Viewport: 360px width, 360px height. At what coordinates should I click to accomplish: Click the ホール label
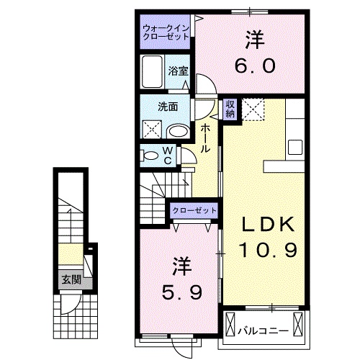point(205,137)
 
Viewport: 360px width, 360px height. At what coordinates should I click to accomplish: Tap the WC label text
point(167,155)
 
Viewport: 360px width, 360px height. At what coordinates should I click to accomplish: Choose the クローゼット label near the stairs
point(194,210)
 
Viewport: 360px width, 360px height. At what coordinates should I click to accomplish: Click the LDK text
point(267,225)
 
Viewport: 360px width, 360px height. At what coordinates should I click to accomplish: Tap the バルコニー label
point(263,331)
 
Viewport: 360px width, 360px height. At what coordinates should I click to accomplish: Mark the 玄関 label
point(70,280)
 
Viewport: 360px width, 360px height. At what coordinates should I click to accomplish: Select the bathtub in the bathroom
point(153,73)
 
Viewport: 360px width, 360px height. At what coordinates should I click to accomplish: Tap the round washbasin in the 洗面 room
point(178,130)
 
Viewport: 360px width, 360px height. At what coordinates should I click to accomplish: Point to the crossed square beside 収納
point(253,111)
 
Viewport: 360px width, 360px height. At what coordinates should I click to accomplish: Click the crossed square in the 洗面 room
point(151,130)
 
